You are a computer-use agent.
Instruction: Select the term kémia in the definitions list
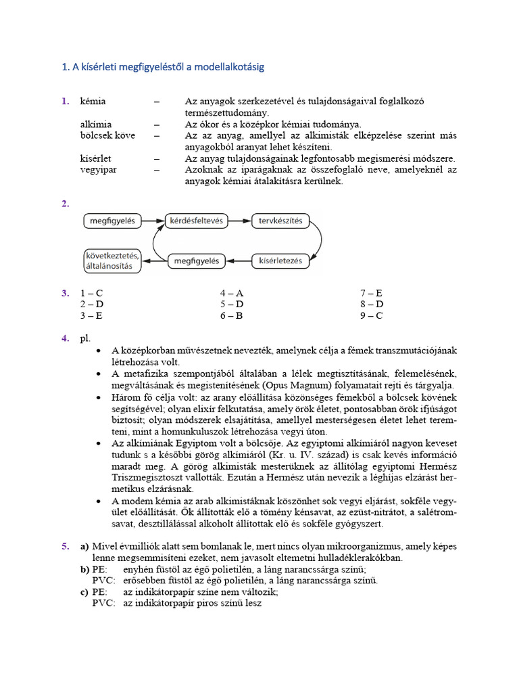(93, 102)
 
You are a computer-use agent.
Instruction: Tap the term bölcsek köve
(107, 135)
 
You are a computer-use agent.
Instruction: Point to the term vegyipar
(98, 169)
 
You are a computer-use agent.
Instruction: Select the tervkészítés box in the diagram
(280, 221)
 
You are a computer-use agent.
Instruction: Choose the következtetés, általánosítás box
(112, 261)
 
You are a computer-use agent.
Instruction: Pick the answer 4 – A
(231, 293)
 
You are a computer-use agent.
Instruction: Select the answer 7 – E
(371, 293)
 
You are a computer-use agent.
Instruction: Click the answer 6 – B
(231, 315)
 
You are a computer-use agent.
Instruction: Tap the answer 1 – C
(91, 293)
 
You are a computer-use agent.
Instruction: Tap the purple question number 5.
(65, 545)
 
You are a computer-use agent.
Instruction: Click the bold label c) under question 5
(85, 591)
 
